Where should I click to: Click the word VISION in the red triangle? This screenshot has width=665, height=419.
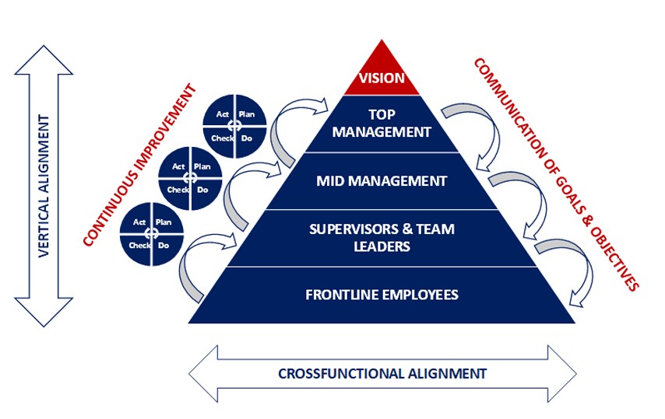click(381, 79)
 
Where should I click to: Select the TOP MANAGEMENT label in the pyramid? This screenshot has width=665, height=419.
click(382, 124)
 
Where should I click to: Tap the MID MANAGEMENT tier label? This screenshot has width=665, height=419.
click(382, 181)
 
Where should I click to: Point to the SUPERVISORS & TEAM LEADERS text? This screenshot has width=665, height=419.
click(382, 238)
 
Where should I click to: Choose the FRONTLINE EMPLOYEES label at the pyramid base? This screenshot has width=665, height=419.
click(382, 295)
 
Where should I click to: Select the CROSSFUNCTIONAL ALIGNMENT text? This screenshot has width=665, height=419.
click(382, 373)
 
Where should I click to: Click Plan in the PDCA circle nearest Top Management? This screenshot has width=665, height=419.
click(246, 114)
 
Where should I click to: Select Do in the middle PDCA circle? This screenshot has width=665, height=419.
click(202, 189)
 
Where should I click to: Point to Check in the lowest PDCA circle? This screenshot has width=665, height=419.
click(140, 246)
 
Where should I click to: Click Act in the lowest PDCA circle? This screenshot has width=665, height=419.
click(140, 222)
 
